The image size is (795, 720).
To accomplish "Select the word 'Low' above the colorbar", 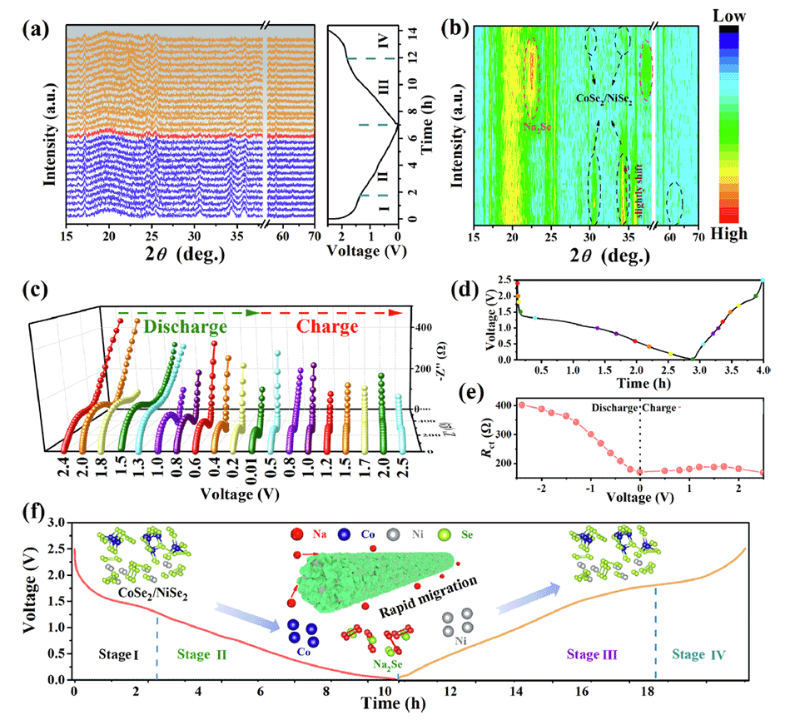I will [x=748, y=16].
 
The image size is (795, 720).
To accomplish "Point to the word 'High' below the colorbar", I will [x=746, y=234].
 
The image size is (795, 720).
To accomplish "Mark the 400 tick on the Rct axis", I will [x=499, y=405].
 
